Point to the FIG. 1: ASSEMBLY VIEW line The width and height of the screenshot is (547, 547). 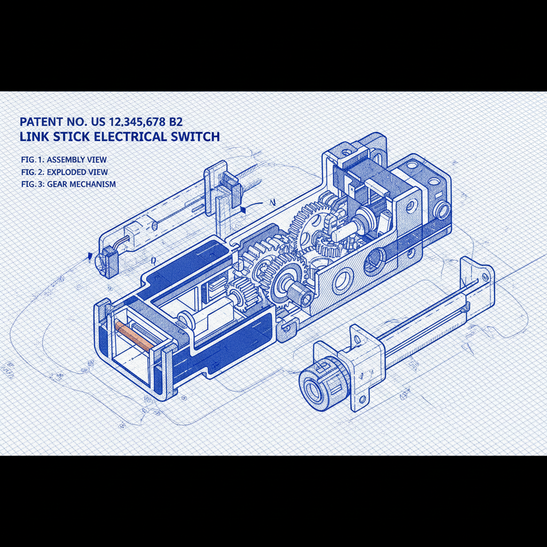click(62, 160)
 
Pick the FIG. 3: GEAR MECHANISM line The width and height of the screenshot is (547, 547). click(67, 184)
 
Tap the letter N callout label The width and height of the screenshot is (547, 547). click(272, 202)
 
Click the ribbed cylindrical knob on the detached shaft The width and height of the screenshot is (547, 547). click(319, 382)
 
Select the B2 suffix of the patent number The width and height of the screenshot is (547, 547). click(176, 121)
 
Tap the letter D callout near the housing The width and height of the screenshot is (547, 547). click(153, 261)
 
